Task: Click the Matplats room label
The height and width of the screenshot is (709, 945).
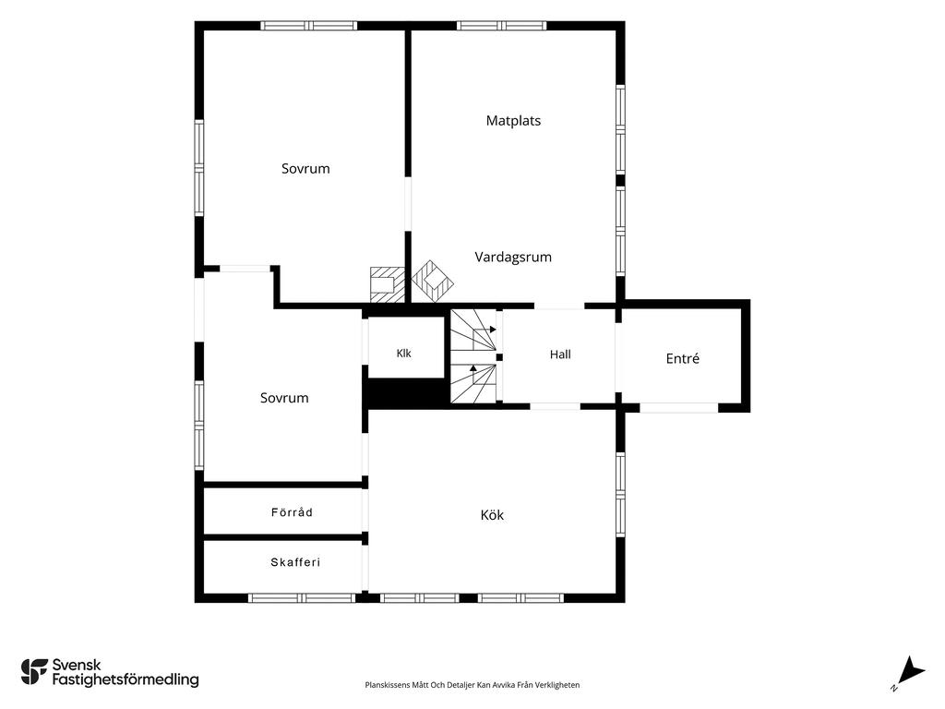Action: (x=513, y=121)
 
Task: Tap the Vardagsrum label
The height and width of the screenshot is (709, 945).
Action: (x=513, y=258)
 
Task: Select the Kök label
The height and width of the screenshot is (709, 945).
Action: (x=492, y=515)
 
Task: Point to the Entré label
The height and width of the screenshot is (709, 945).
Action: (x=683, y=359)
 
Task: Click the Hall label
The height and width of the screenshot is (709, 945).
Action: (x=560, y=354)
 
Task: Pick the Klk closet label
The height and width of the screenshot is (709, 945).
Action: (x=404, y=354)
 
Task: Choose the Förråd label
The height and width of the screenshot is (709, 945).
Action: (x=292, y=512)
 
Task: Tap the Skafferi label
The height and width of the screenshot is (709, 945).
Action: (x=295, y=562)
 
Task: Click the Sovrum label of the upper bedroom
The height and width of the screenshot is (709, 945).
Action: (x=305, y=169)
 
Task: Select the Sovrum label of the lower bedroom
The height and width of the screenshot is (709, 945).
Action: (x=284, y=398)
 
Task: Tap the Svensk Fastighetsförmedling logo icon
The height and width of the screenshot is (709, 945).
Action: (x=34, y=672)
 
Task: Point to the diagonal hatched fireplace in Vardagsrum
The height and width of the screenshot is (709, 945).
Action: (x=432, y=281)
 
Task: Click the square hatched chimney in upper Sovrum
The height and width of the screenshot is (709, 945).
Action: (x=387, y=284)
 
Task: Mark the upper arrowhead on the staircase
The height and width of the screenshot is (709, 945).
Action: (x=493, y=330)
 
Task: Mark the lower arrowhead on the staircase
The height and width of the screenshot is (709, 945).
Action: (x=473, y=367)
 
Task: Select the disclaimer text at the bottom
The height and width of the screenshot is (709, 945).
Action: (x=472, y=685)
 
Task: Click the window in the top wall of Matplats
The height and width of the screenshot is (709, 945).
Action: (x=501, y=26)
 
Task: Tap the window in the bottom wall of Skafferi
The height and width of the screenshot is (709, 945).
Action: (x=302, y=598)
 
